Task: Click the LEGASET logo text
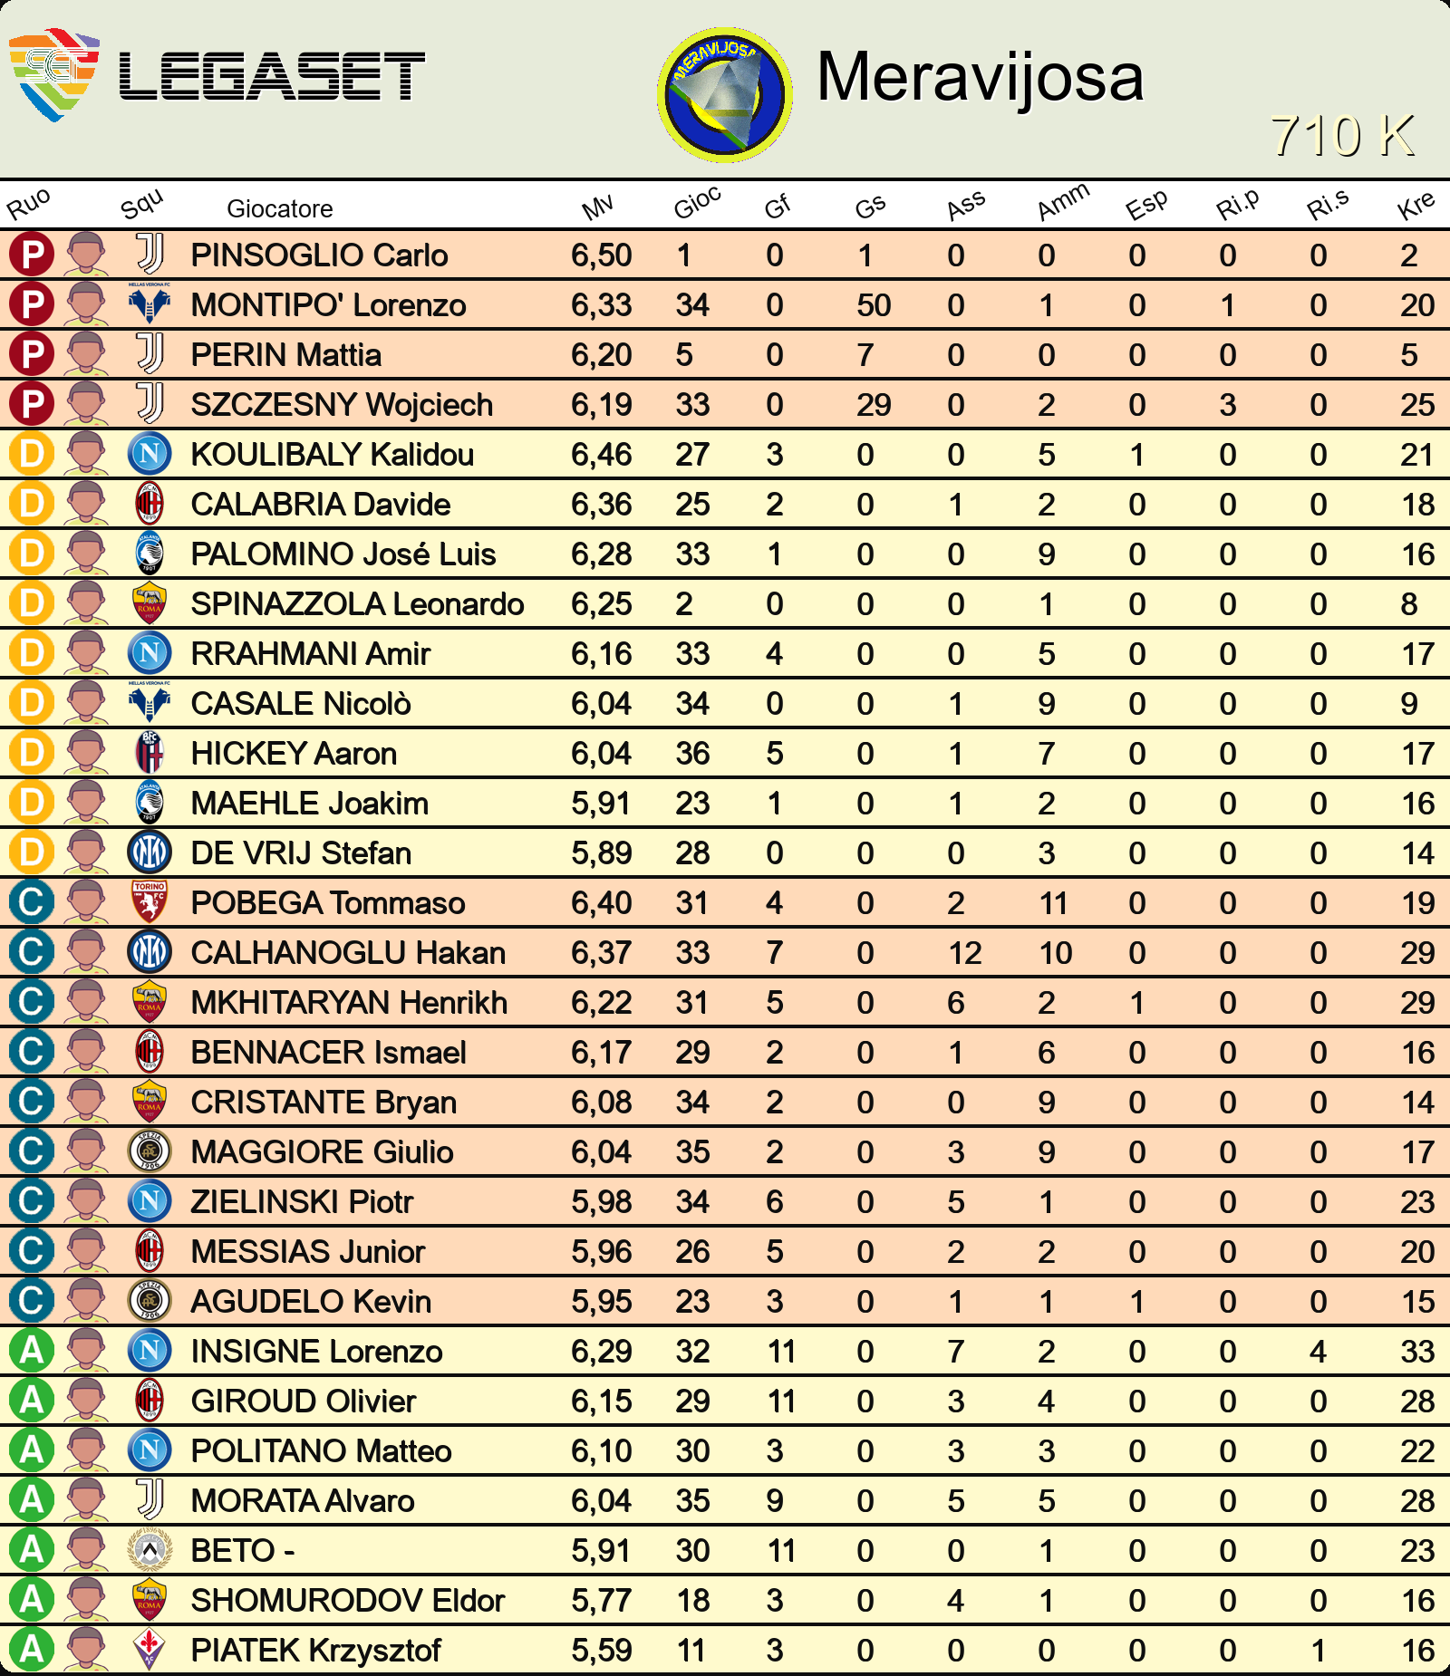point(272,76)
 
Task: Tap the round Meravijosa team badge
point(724,95)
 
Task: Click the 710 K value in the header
point(1342,136)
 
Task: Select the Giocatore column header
point(279,209)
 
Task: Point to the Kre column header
point(1416,207)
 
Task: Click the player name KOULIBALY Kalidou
point(332,455)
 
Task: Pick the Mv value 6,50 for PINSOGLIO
point(601,255)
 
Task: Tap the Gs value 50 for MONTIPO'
point(874,305)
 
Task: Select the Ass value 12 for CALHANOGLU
point(964,953)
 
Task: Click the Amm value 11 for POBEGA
point(1053,903)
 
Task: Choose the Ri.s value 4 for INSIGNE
point(1318,1352)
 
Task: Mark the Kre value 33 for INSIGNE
point(1416,1352)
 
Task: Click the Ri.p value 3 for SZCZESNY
point(1227,405)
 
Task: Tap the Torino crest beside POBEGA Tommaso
point(150,902)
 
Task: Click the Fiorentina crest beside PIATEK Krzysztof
point(150,1650)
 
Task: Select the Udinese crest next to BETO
point(150,1550)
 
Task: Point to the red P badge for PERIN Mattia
point(32,354)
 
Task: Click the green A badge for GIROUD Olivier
point(32,1401)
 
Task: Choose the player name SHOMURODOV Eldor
point(347,1601)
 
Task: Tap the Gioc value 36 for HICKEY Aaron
point(692,754)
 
